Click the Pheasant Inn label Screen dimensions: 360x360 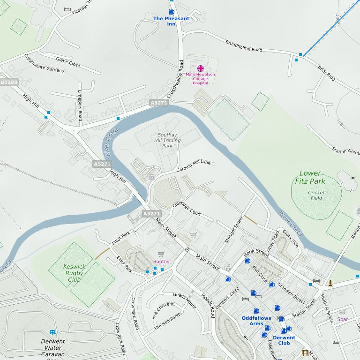[x=171, y=21]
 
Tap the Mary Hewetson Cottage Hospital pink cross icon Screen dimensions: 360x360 [x=201, y=68]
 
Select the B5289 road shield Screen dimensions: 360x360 [x=9, y=82]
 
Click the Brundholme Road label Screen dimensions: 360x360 [x=244, y=45]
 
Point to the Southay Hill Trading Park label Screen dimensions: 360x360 [x=168, y=140]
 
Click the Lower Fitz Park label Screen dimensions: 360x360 [x=310, y=177]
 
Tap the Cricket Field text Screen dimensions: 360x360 [x=316, y=195]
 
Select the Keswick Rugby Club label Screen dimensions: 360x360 [x=74, y=273]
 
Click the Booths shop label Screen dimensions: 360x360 [x=161, y=262]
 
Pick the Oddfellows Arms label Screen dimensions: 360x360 [x=256, y=321]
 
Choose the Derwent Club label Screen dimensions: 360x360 [x=284, y=340]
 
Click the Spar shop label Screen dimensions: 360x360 [x=343, y=319]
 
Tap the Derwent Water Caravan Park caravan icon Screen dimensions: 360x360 [x=52, y=332]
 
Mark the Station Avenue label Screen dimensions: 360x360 [x=346, y=151]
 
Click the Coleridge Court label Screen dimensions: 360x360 [x=187, y=209]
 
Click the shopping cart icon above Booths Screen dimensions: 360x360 [x=161, y=254]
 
